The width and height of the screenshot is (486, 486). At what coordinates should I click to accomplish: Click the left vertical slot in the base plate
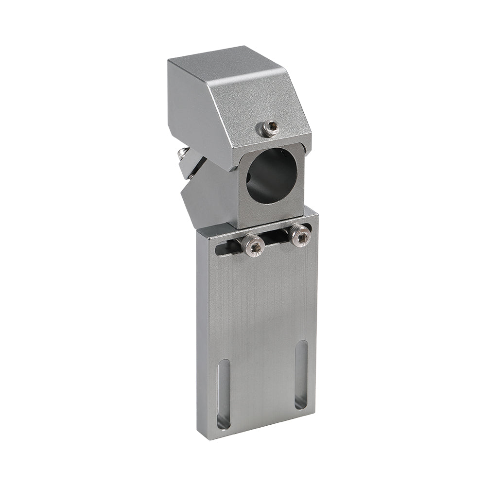224,394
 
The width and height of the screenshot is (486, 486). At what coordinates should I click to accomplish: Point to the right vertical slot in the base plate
301,374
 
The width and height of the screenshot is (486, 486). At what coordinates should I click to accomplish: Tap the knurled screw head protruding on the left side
183,155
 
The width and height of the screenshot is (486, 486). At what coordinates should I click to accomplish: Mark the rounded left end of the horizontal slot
220,250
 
